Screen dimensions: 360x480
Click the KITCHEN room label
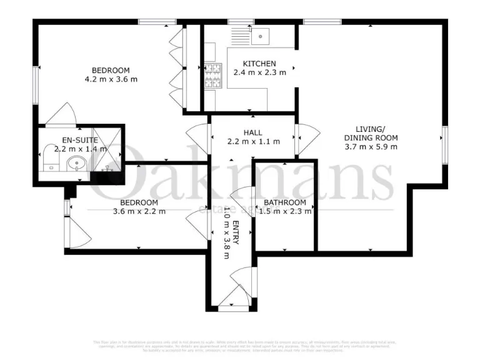point(259,64)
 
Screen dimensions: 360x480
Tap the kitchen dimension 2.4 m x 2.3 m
point(259,72)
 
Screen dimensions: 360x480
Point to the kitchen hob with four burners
point(212,76)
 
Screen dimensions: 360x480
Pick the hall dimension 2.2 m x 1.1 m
point(253,142)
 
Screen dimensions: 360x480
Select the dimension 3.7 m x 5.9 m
point(371,147)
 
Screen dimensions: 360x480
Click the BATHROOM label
point(285,202)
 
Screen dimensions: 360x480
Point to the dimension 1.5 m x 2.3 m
point(285,211)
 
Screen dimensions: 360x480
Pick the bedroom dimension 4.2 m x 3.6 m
point(111,79)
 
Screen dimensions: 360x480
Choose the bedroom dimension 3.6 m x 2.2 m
point(139,211)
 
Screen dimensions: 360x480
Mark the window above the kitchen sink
point(237,22)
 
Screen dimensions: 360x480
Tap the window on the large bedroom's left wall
point(36,85)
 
